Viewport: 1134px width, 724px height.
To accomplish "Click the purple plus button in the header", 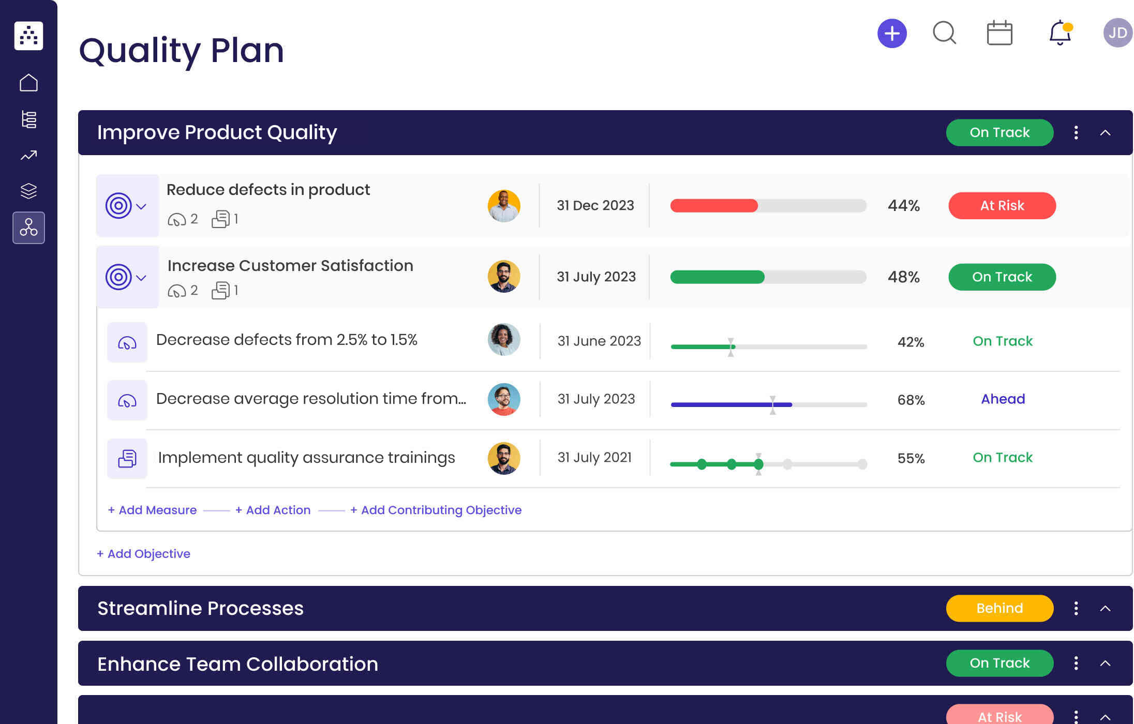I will [892, 34].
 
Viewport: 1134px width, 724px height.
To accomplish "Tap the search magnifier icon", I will [944, 33].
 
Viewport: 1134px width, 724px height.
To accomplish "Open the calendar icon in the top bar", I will [999, 34].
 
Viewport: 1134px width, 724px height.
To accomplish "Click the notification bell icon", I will [1060, 33].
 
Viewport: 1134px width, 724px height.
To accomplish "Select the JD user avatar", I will [1117, 33].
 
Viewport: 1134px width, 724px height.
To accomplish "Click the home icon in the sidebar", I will [28, 83].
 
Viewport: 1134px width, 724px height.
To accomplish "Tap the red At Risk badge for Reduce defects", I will [1002, 206].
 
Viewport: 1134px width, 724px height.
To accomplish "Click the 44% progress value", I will [903, 206].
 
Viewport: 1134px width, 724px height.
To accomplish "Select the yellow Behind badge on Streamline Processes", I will [999, 608].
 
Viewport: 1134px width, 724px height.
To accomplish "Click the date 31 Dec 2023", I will [595, 206].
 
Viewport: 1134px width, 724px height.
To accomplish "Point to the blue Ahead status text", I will [1003, 399].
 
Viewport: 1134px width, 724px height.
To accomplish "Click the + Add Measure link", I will [152, 510].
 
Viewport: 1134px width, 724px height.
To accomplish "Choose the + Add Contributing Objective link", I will [436, 510].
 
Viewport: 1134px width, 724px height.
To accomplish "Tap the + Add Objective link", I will [143, 554].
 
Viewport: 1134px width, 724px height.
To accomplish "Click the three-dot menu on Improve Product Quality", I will [1076, 133].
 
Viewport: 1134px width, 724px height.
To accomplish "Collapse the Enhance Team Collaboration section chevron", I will [1105, 663].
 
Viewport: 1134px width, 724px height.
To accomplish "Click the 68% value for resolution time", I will [911, 400].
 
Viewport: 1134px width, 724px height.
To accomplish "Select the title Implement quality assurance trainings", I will [306, 458].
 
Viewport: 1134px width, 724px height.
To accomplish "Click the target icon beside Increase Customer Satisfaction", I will [118, 277].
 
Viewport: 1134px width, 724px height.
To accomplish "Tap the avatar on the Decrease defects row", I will [503, 340].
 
